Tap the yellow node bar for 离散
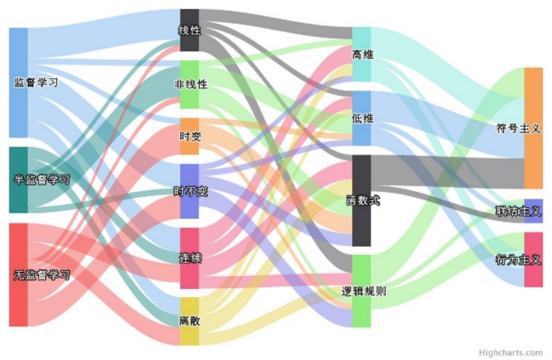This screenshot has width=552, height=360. click(x=190, y=335)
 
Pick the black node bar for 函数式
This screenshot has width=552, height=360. click(x=361, y=225)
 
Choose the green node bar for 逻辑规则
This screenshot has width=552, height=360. click(x=361, y=312)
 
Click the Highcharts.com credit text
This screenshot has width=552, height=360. click(x=511, y=352)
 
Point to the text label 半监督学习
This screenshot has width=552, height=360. click(x=41, y=179)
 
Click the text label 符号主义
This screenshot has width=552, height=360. click(x=518, y=128)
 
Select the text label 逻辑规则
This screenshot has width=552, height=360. click(x=363, y=291)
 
